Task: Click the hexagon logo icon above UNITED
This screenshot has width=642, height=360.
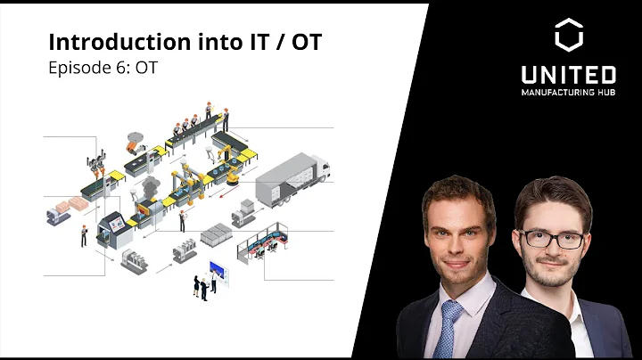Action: tap(568, 36)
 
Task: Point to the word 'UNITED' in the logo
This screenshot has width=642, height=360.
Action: tap(568, 75)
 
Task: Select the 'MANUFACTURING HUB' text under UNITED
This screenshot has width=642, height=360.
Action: tap(568, 92)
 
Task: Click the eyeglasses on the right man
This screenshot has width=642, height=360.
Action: tap(554, 238)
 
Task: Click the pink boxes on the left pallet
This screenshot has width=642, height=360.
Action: tap(62, 209)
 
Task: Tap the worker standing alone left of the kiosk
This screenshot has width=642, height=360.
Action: tap(84, 234)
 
